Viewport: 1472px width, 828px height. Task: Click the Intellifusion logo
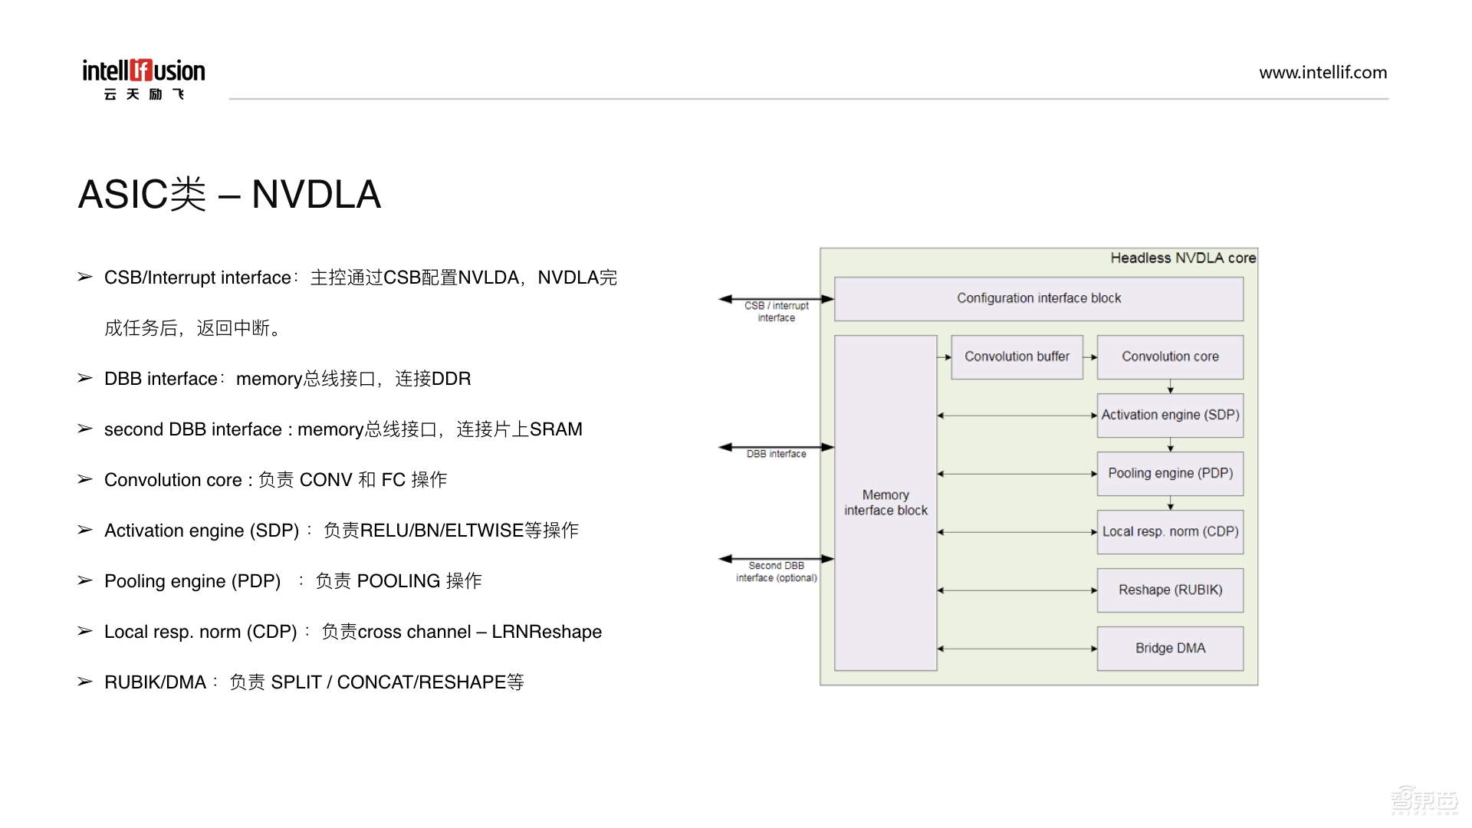[x=143, y=78]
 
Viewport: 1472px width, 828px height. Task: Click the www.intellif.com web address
[x=1322, y=73]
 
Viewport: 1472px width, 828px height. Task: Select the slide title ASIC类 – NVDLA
[x=229, y=195]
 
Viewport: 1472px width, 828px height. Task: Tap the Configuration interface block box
[x=1038, y=298]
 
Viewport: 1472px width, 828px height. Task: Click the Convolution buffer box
[x=1017, y=356]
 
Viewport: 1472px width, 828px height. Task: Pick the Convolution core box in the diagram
[x=1170, y=356]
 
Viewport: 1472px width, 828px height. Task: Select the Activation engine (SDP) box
[x=1170, y=415]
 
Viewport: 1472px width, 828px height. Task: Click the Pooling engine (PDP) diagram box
[x=1170, y=473]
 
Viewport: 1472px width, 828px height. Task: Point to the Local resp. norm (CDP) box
[x=1170, y=531]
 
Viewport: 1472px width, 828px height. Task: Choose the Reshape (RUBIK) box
[x=1170, y=590]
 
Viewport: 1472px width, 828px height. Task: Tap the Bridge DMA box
[x=1170, y=648]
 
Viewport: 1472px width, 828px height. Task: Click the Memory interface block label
[x=886, y=503]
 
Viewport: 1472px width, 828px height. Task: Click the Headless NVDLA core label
[x=1183, y=258]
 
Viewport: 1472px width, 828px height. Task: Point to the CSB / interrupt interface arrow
[x=776, y=299]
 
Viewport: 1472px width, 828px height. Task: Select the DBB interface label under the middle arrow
[x=776, y=455]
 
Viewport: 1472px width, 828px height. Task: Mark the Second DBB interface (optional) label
[x=776, y=572]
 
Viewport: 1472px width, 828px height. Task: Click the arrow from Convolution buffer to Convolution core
[x=1090, y=357]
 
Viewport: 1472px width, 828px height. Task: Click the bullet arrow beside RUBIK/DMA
[x=85, y=682]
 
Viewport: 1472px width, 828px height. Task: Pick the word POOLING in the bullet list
[x=399, y=581]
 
